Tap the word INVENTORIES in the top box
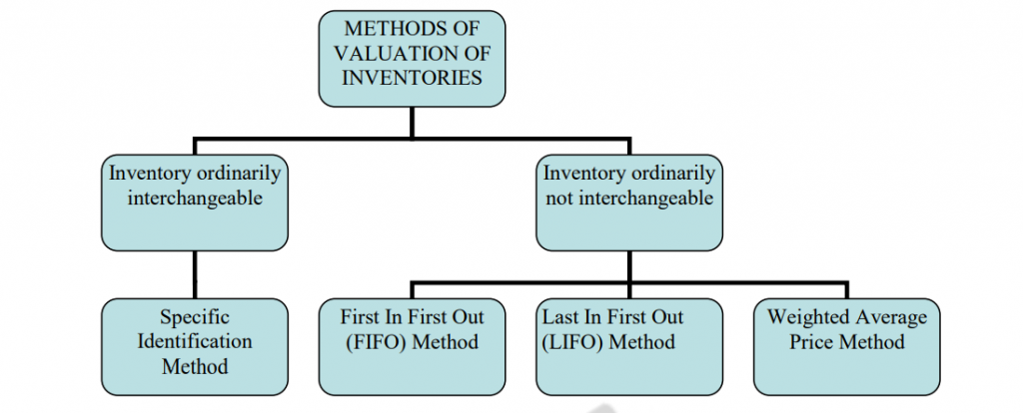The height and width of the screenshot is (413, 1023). click(x=412, y=78)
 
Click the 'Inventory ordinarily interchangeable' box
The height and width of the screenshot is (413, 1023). click(x=195, y=200)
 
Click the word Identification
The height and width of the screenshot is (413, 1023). click(x=195, y=342)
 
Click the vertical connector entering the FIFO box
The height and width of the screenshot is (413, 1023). click(x=412, y=290)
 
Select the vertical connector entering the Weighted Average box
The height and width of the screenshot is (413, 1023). click(x=846, y=290)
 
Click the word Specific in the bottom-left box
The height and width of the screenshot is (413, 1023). click(x=195, y=318)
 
